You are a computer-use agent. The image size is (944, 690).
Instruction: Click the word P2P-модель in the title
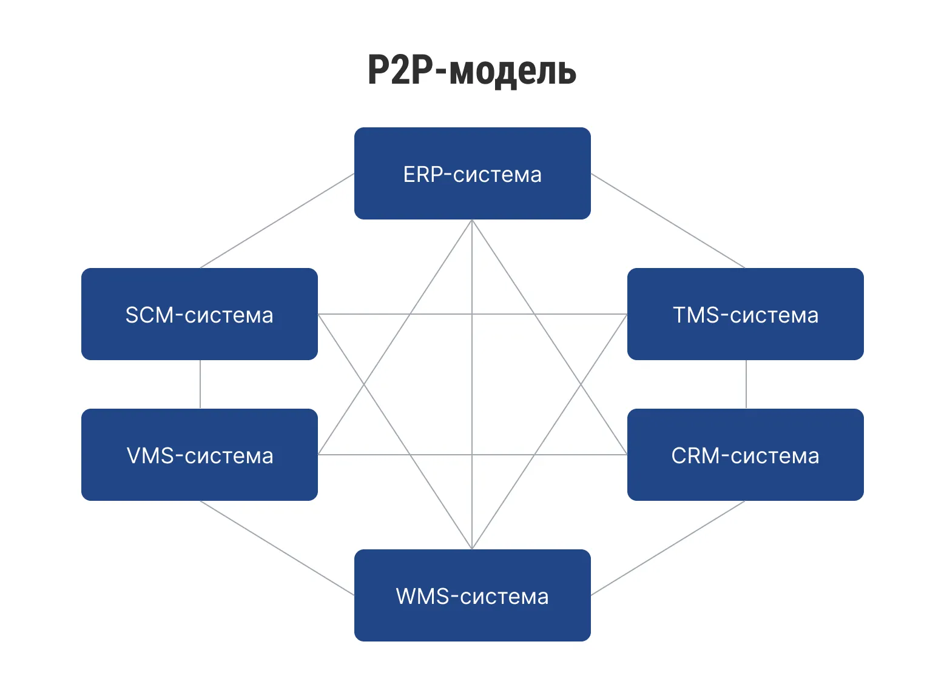pyautogui.click(x=471, y=70)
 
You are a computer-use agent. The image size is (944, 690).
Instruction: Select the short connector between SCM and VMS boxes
pyautogui.click(x=200, y=384)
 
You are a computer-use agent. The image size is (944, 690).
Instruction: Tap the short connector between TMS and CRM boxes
pyautogui.click(x=746, y=384)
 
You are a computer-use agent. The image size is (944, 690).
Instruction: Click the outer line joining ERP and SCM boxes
pyautogui.click(x=277, y=221)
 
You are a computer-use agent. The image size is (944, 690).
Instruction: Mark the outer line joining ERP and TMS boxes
pyautogui.click(x=668, y=221)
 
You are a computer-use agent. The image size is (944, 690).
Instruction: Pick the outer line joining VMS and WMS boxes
pyautogui.click(x=277, y=548)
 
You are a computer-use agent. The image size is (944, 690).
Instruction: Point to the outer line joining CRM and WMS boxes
pyautogui.click(x=668, y=548)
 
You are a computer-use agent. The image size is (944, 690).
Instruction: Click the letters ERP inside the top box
pyautogui.click(x=423, y=175)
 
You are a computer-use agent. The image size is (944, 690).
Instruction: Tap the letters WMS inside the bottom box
pyautogui.click(x=422, y=597)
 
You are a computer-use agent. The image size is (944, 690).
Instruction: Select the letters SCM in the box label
pyautogui.click(x=149, y=315)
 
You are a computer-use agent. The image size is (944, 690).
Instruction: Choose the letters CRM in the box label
pyautogui.click(x=695, y=456)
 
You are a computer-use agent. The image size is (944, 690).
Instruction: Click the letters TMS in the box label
pyautogui.click(x=696, y=315)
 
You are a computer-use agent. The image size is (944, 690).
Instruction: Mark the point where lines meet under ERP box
pyautogui.click(x=472, y=221)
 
